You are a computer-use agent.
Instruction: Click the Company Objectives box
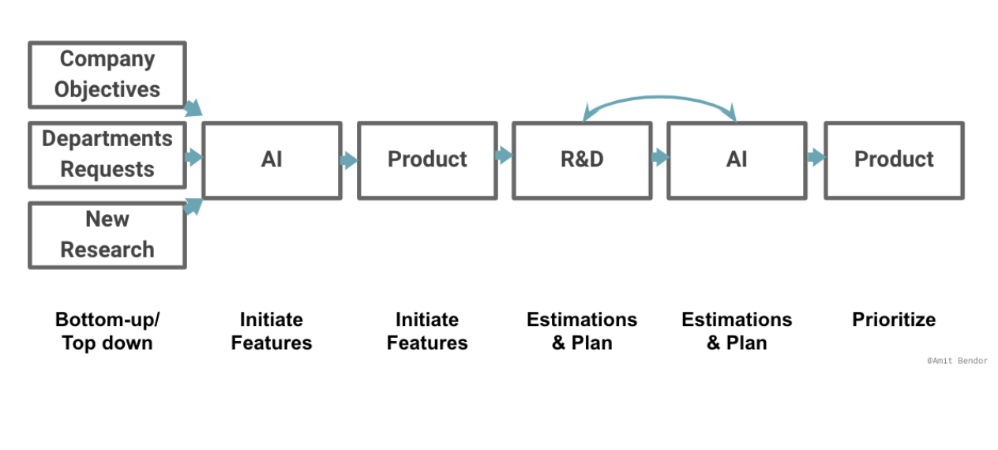click(x=107, y=75)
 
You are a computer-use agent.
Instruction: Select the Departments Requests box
click(x=107, y=155)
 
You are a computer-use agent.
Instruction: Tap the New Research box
click(x=107, y=235)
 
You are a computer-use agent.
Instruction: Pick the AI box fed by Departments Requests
click(x=272, y=160)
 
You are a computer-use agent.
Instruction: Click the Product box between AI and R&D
click(x=427, y=160)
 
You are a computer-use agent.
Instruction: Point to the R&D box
click(x=583, y=160)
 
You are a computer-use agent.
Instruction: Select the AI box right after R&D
click(x=737, y=160)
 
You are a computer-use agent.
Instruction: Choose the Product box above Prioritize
click(x=895, y=160)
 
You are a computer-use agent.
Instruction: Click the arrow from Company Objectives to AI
click(x=193, y=108)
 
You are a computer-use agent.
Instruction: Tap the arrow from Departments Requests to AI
click(x=193, y=157)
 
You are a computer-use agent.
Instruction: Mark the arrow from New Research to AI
click(x=193, y=206)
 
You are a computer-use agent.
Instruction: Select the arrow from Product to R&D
click(x=505, y=155)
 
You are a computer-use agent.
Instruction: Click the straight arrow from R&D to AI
click(x=660, y=157)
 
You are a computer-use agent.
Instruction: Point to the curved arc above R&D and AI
click(x=660, y=96)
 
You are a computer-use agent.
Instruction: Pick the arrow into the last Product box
click(x=816, y=157)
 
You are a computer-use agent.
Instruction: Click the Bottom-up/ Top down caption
click(x=107, y=331)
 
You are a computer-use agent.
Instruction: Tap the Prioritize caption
click(x=895, y=320)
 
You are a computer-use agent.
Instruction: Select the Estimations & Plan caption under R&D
click(x=583, y=331)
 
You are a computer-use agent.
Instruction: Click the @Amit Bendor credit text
click(x=958, y=361)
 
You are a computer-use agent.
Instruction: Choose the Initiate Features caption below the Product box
click(x=427, y=331)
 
